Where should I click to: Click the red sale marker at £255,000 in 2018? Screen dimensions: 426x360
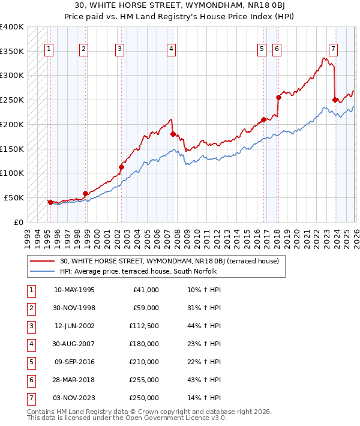(278, 97)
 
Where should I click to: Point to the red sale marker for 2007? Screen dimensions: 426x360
(173, 134)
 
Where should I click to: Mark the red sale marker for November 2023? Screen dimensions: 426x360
(335, 100)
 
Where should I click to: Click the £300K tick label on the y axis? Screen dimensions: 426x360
(12, 76)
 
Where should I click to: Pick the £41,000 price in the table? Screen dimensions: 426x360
(145, 290)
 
